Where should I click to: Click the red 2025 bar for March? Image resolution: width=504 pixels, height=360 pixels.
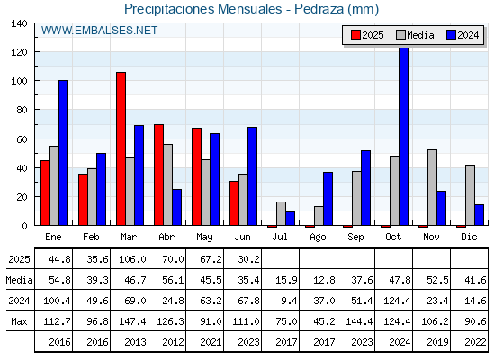point(121,148)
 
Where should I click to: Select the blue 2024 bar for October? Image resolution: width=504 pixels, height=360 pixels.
point(403,136)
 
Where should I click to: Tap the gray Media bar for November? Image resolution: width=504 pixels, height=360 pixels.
point(432,187)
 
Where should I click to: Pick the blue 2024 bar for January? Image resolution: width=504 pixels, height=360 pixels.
point(63,153)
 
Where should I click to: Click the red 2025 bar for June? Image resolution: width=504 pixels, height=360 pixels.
point(234,203)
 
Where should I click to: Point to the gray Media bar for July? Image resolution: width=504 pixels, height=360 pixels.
point(281,213)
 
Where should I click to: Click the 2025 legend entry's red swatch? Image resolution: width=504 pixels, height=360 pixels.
point(355,35)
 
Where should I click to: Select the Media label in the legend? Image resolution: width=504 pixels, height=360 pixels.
point(420,35)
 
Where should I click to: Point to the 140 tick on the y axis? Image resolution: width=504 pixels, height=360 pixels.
point(19,23)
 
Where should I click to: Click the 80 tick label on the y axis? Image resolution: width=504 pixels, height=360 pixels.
point(22,110)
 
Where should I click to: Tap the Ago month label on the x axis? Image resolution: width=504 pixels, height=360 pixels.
point(318,238)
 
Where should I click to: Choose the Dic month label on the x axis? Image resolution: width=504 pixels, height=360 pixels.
point(469,237)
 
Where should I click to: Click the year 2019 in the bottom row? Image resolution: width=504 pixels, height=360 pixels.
point(437,342)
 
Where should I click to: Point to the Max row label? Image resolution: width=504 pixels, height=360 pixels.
point(19,321)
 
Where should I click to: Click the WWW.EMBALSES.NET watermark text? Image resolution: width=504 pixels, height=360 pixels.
point(99,31)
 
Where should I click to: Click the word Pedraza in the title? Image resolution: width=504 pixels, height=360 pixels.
point(319,9)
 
